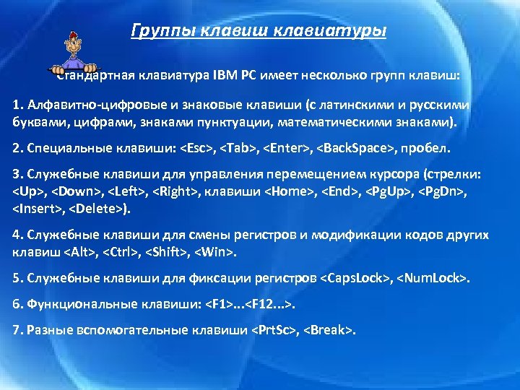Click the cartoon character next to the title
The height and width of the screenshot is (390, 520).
coord(72,52)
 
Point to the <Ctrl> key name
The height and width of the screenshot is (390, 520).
coord(119,253)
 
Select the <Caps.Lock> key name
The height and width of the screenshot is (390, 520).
coord(356,277)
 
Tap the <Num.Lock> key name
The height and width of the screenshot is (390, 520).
coord(434,277)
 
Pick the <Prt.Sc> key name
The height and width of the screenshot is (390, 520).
coord(274,330)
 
